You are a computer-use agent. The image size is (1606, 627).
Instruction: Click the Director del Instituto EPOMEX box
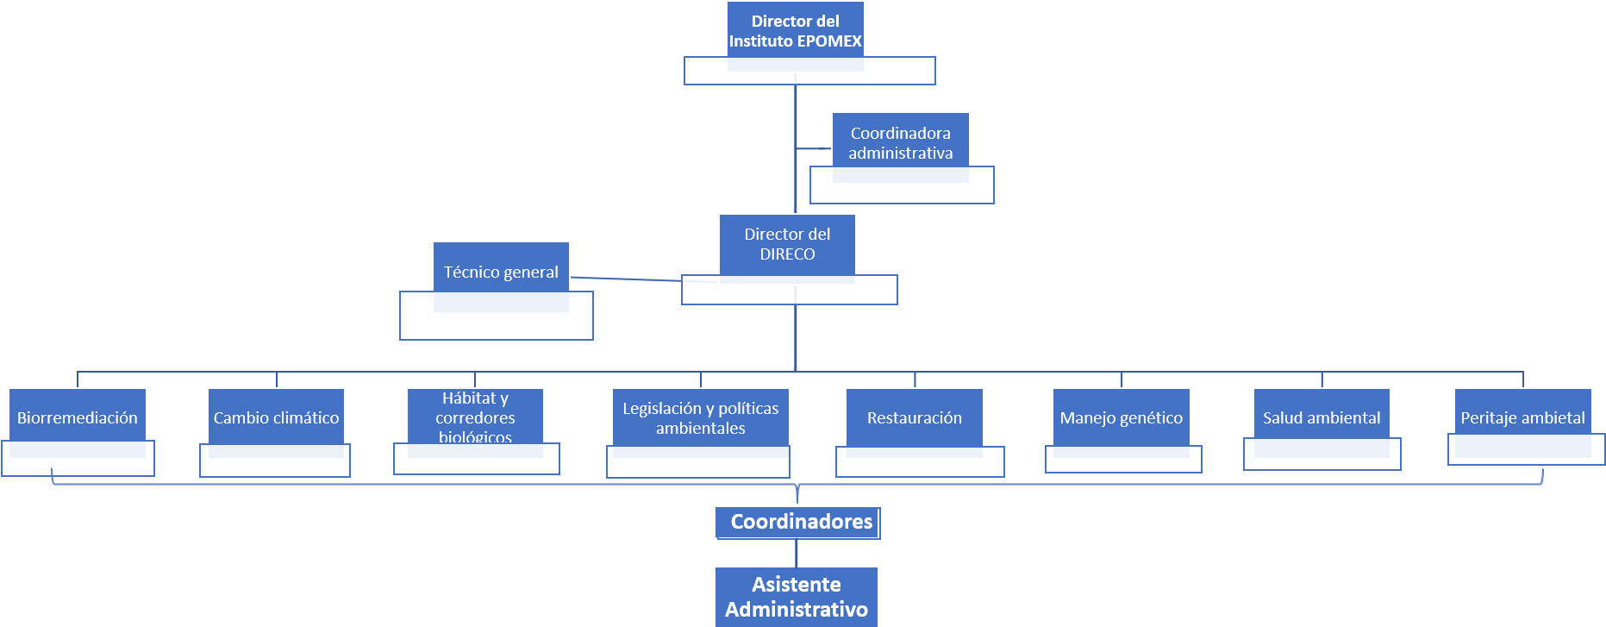(795, 31)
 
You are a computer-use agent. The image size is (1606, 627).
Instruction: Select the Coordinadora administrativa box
(900, 142)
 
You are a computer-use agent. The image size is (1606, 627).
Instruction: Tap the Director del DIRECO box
(787, 244)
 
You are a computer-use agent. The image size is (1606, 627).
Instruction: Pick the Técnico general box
(501, 272)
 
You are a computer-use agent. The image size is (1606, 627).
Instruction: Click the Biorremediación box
(78, 417)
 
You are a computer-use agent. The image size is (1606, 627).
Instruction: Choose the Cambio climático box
(276, 417)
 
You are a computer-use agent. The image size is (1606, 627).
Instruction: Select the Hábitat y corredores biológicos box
(475, 417)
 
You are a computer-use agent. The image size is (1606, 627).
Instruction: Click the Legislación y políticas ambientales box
(700, 417)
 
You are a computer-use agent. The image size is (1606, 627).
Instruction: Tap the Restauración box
(915, 417)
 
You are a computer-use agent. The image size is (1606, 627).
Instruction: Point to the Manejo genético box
(1121, 417)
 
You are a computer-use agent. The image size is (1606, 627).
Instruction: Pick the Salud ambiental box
(1322, 417)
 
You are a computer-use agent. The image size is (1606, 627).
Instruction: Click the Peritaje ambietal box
(1522, 417)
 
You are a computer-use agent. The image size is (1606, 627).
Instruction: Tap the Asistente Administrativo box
(797, 597)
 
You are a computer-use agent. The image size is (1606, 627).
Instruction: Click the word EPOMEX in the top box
(828, 41)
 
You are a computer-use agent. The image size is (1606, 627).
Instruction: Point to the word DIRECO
(787, 254)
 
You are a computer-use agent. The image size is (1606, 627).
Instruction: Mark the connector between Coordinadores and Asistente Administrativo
(797, 553)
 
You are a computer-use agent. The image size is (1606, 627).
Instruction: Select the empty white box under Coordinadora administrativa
(902, 192)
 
